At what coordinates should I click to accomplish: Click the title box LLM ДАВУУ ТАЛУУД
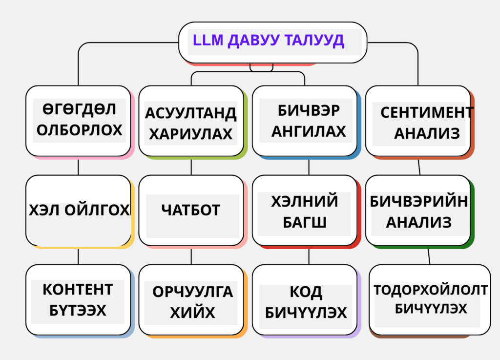[272, 42]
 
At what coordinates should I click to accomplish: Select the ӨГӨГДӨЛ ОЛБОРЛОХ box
[79, 121]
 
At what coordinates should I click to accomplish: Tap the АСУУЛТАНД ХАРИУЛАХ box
[191, 121]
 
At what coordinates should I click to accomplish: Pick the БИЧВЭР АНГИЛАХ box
[305, 121]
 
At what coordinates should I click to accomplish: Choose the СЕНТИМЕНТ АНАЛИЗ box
[418, 121]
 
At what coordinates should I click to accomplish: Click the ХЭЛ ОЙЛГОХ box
[79, 211]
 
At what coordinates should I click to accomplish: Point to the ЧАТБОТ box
[191, 211]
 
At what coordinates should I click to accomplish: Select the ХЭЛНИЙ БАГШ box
[305, 211]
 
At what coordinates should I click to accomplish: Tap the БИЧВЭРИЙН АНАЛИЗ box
[418, 211]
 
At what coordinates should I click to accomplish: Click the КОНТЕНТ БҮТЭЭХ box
[79, 300]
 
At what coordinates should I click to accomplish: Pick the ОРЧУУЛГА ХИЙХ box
[191, 300]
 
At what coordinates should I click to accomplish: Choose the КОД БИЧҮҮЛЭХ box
[305, 300]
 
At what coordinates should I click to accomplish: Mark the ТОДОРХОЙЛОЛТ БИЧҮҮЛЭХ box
[430, 300]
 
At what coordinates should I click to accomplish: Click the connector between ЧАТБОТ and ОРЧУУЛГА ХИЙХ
[191, 256]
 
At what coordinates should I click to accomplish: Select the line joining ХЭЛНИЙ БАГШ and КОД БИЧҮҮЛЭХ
[309, 256]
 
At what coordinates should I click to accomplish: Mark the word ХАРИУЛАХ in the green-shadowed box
[191, 134]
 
